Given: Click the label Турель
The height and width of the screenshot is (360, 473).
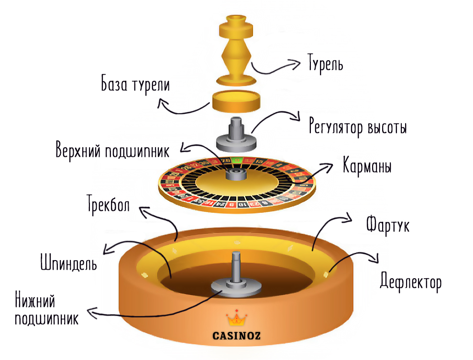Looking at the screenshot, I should coord(326,64).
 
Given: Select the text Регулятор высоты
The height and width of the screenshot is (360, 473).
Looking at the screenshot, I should coord(358,128).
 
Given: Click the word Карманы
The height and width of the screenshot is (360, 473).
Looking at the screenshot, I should coord(367,166).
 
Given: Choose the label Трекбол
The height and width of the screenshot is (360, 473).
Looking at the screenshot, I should coord(108,203).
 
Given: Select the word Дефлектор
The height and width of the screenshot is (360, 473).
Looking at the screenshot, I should coord(410,282).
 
